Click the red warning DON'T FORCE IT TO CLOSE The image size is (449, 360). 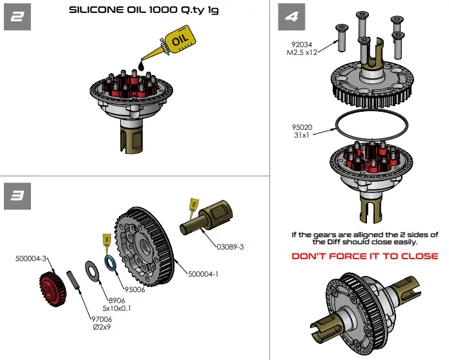(x=365, y=256)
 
